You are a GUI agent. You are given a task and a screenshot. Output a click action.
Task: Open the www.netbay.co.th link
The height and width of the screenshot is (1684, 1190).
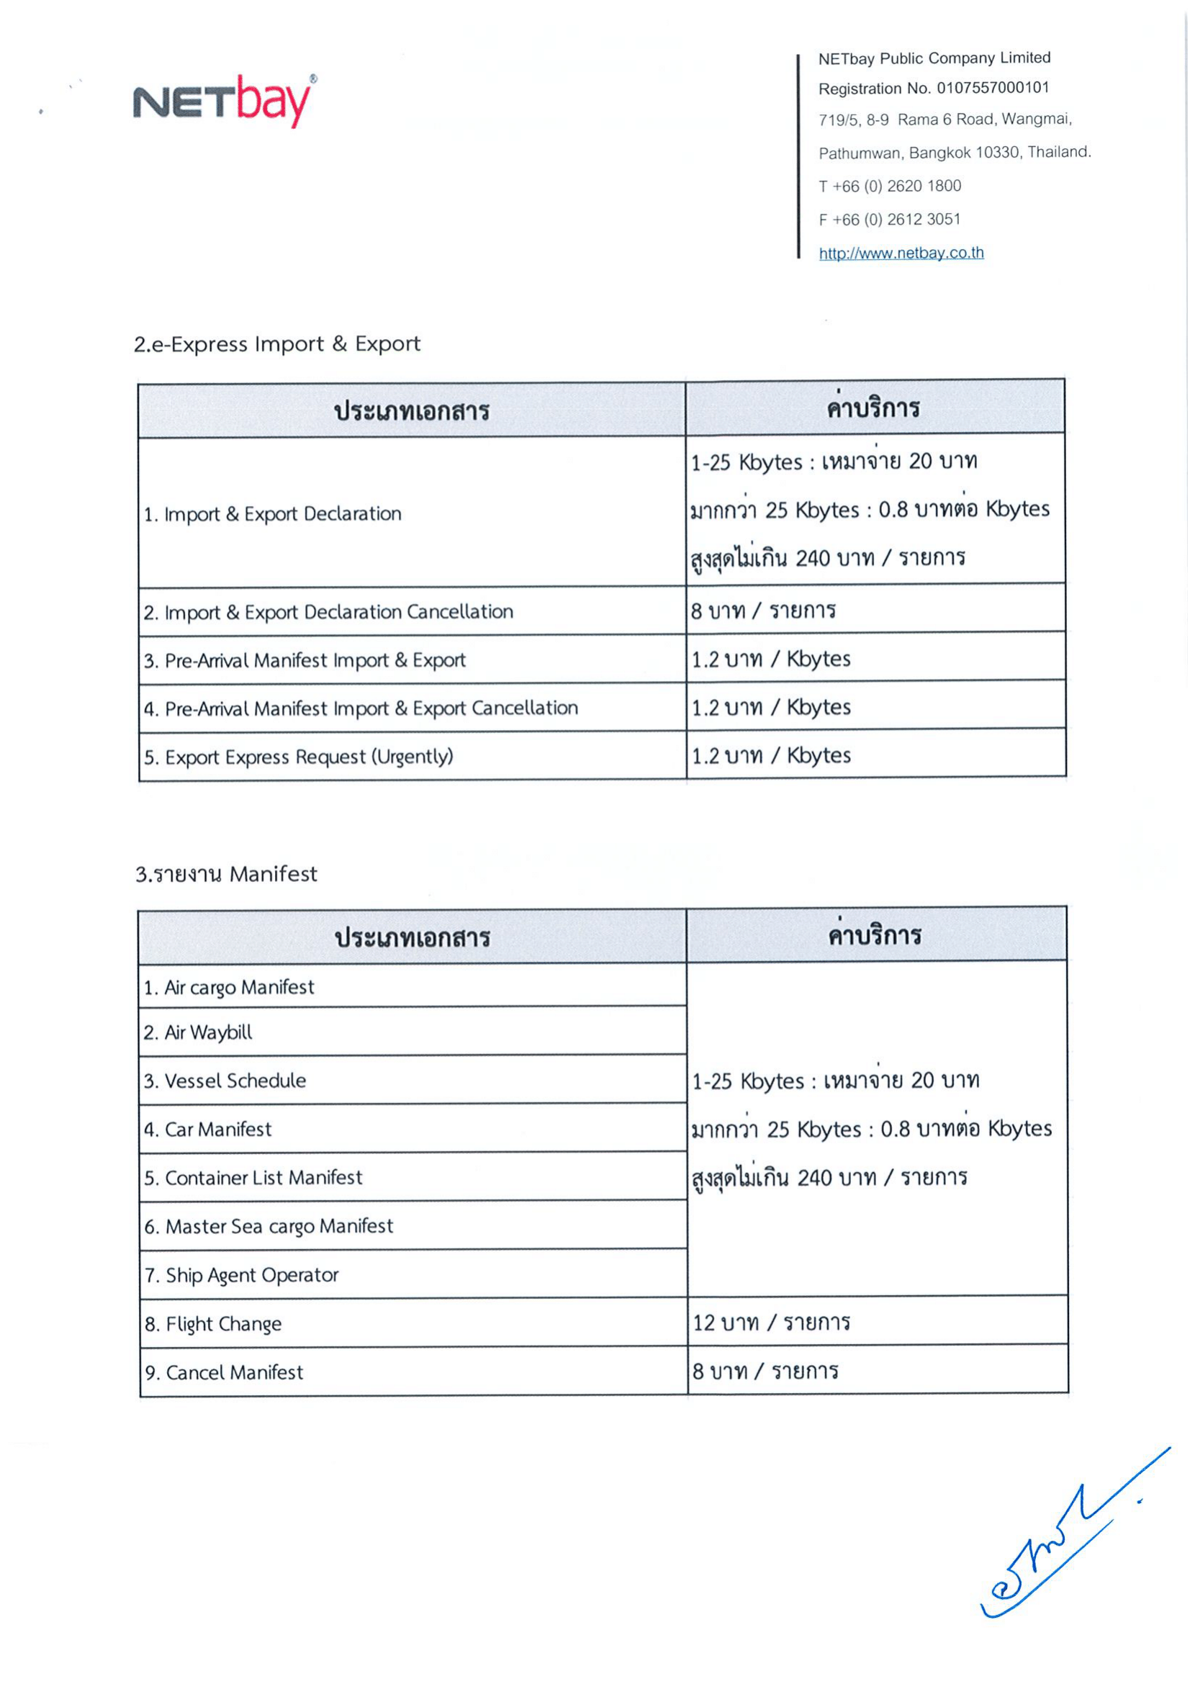point(901,253)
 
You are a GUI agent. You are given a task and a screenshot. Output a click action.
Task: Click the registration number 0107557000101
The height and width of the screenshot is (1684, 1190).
point(992,88)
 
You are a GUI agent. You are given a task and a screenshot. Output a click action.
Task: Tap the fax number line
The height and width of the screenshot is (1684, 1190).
point(888,220)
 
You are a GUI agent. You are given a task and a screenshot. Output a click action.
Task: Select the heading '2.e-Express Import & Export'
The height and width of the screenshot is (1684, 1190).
point(276,344)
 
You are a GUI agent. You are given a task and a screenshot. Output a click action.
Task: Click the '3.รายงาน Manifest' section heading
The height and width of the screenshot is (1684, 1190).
point(226,873)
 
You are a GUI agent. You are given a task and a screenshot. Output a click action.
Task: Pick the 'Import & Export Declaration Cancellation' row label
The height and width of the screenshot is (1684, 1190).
point(328,612)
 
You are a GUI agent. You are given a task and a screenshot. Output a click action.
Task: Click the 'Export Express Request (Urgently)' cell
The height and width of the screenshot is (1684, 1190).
point(299,756)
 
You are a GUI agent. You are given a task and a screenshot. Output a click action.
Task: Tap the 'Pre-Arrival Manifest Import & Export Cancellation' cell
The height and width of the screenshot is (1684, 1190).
point(361,708)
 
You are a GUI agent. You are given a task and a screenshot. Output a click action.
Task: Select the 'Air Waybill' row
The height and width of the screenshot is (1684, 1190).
point(198,1032)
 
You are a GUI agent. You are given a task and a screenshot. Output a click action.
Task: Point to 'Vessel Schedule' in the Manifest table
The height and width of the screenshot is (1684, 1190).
point(225,1081)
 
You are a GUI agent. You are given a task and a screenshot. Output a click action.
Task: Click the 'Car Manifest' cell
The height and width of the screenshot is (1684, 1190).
point(208,1130)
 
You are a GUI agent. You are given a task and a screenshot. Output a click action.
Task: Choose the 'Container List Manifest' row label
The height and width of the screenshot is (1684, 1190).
point(253,1178)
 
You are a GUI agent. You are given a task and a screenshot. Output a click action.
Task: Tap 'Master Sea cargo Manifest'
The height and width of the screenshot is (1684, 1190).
point(269,1226)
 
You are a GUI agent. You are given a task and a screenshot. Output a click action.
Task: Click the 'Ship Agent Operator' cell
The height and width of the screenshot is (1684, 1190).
point(242,1276)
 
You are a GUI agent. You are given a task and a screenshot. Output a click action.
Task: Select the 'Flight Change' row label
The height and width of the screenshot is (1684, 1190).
point(213,1324)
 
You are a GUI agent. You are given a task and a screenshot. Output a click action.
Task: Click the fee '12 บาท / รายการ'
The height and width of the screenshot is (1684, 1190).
point(770,1323)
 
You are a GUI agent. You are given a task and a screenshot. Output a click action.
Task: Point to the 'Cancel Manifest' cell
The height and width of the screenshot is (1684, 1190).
point(225,1372)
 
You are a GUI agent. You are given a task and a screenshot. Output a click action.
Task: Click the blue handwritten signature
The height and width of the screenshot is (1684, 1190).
point(1063,1540)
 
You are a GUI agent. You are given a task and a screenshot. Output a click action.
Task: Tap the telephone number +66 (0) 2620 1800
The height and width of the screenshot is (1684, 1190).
point(889,186)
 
